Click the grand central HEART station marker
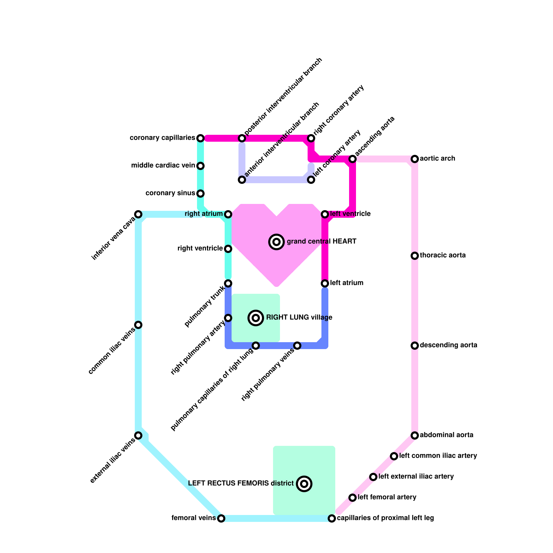tap(276, 242)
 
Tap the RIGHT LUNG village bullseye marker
tap(256, 318)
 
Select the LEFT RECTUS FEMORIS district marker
tap(304, 484)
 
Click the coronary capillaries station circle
tap(200, 138)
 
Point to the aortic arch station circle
tap(415, 159)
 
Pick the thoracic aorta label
tap(443, 255)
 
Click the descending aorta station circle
tap(415, 346)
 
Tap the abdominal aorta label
tap(447, 435)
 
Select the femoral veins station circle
tap(221, 518)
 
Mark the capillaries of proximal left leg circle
tap(332, 518)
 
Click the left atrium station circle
tap(325, 283)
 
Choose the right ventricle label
tap(200, 249)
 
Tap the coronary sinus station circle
tap(200, 194)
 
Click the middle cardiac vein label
tap(163, 166)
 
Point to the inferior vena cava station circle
tap(138, 214)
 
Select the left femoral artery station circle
tap(353, 498)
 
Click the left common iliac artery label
tap(438, 456)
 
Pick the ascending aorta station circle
tap(353, 159)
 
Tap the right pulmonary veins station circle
tap(297, 346)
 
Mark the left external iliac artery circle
tap(373, 477)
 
